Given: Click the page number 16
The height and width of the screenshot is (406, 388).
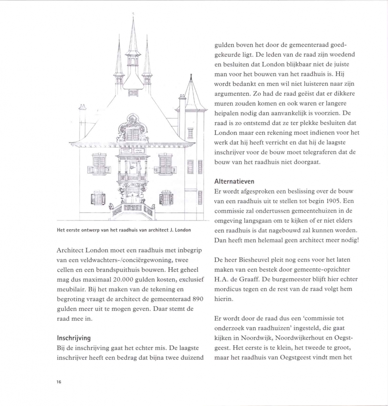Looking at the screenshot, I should (59, 382).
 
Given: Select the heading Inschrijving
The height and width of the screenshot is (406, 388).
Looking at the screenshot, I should (74, 338).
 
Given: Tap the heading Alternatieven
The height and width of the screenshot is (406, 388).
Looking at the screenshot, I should (234, 182).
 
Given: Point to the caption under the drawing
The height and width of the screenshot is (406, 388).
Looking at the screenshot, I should (124, 230).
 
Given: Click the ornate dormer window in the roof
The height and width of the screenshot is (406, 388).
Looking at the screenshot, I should (133, 129).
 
